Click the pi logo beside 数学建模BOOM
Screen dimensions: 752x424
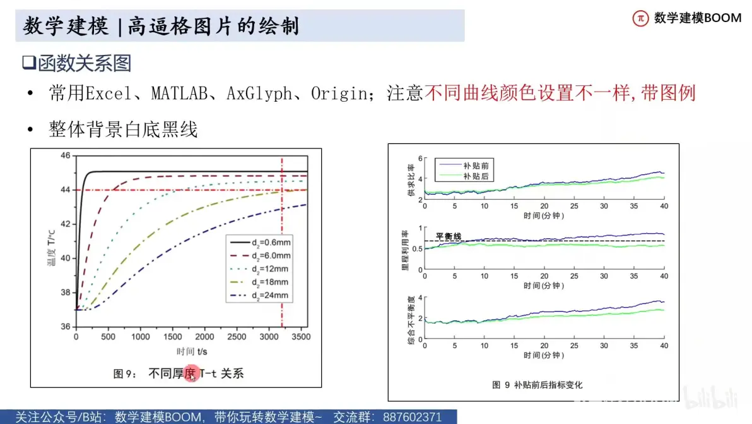point(640,18)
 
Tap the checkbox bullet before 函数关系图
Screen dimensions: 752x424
point(29,63)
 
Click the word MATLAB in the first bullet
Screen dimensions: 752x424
point(179,93)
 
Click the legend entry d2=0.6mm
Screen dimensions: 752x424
point(261,243)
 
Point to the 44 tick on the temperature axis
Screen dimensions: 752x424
point(65,190)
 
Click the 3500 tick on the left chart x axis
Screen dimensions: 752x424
point(301,337)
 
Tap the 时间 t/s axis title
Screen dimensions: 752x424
point(192,351)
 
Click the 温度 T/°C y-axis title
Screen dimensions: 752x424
point(51,248)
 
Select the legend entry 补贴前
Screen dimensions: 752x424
point(464,165)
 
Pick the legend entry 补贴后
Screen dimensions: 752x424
point(464,176)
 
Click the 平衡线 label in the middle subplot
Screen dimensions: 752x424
point(449,236)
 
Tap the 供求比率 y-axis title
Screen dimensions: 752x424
point(411,180)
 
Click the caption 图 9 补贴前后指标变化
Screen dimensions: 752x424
point(537,385)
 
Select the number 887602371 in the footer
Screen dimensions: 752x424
point(412,417)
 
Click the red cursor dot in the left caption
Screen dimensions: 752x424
point(191,373)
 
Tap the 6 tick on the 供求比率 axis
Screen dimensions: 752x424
point(420,159)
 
